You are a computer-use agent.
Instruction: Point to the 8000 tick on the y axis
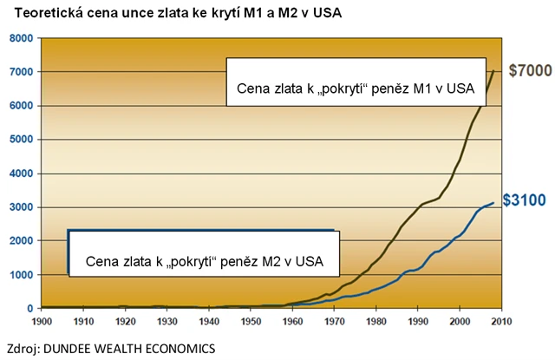point(19,39)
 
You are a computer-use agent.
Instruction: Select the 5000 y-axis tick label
point(19,140)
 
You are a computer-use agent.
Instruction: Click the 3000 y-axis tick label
point(19,207)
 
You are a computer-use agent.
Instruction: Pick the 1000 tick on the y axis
point(19,275)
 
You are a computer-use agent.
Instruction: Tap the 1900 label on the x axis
point(41,322)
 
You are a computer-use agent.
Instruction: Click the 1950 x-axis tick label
point(251,322)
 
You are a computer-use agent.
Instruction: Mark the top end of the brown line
point(494,71)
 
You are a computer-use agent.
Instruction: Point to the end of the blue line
point(493,202)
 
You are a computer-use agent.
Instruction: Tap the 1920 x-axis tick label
point(125,322)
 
